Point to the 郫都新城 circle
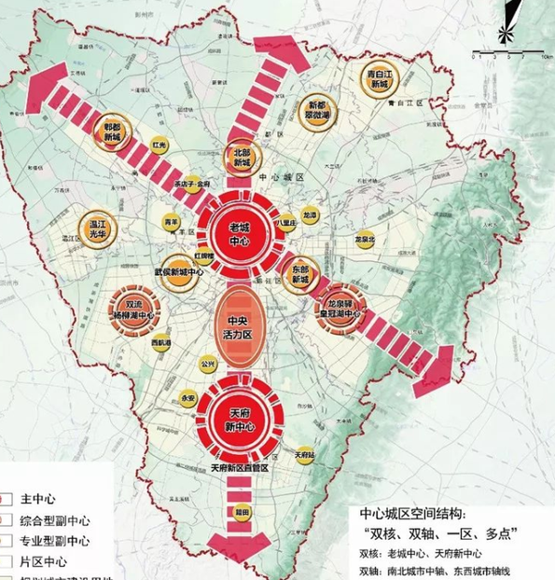coord(113,135)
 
